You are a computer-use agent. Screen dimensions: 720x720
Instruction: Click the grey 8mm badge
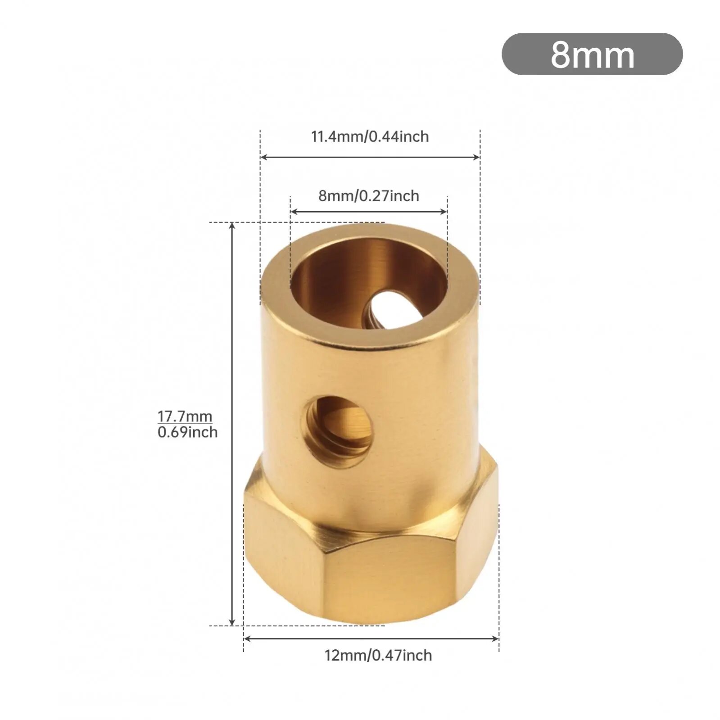[x=592, y=54]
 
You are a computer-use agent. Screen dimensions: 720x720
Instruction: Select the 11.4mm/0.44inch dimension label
[x=370, y=136]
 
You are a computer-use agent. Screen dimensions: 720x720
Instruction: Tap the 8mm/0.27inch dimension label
[x=369, y=196]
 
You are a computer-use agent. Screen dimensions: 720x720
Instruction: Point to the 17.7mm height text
[x=185, y=417]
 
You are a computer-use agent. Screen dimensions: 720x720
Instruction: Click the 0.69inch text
[x=187, y=432]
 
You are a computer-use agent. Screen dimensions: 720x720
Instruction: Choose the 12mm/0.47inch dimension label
[x=378, y=655]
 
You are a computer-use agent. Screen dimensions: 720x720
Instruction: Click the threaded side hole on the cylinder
[x=340, y=431]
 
